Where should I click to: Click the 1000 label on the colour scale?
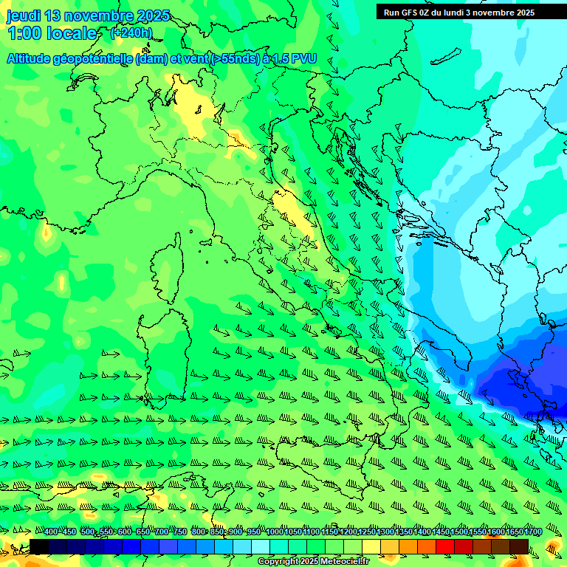275,532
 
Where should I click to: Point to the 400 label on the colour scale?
50,532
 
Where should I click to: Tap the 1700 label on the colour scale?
512,532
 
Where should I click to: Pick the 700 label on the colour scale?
160,532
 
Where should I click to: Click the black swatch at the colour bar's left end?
39,547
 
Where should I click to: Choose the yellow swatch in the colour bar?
371,547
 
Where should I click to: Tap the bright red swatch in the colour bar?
445,547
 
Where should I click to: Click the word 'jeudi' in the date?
24,16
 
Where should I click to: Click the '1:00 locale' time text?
52,33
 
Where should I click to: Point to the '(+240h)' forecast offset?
131,33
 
